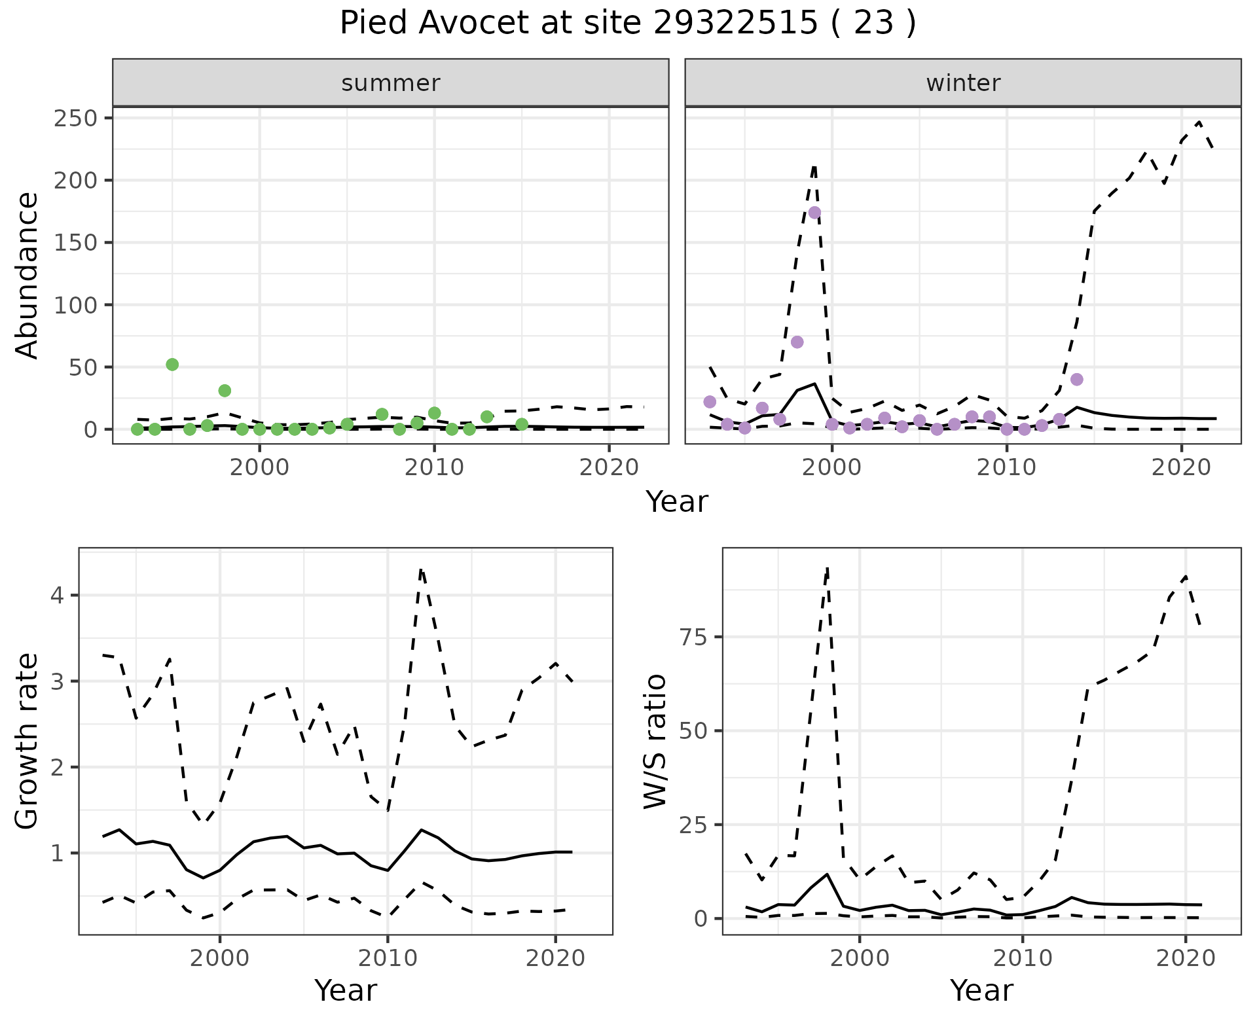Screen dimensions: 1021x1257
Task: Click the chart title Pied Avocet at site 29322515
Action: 627,24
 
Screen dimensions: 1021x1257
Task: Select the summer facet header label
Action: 391,83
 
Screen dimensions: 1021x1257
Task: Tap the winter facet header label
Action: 963,83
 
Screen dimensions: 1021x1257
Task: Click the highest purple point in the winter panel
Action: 814,213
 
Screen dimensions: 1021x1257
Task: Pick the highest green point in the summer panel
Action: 172,365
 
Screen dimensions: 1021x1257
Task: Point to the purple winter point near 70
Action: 797,342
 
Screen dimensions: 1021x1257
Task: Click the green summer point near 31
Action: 225,391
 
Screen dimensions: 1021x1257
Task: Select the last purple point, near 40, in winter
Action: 1077,380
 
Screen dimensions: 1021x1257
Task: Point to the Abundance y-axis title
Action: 27,275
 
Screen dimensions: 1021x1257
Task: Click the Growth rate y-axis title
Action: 27,741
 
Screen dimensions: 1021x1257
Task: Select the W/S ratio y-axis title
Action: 655,741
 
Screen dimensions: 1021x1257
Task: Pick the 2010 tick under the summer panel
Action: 434,468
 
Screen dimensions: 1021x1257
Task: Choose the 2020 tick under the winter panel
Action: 1182,468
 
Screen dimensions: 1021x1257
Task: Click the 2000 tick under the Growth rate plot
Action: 220,958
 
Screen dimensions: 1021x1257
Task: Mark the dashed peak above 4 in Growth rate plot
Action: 421,569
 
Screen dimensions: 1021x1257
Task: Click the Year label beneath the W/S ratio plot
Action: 981,991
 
